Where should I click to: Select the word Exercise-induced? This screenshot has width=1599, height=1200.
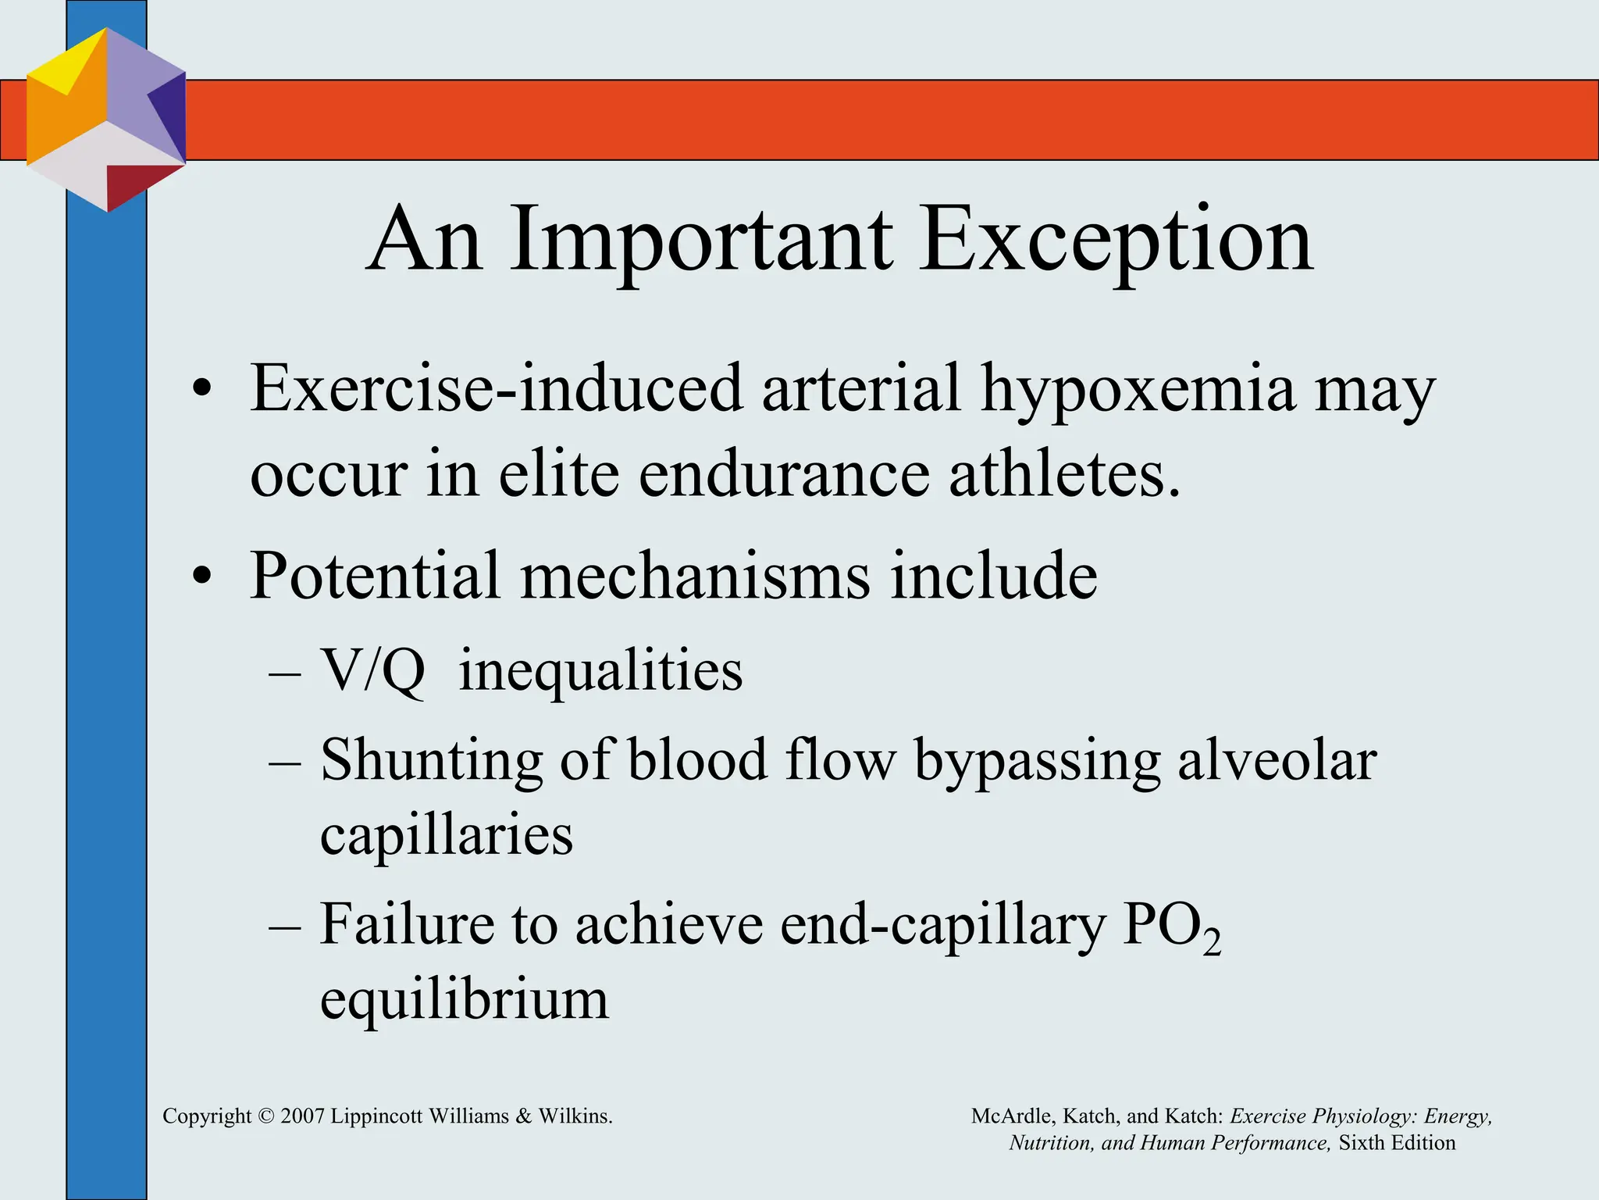click(496, 388)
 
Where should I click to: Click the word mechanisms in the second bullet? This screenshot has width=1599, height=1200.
click(695, 576)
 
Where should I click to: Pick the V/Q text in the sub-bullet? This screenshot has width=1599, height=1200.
click(373, 671)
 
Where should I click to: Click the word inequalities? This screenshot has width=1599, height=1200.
click(600, 671)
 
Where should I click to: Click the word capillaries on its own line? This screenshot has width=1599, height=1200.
click(447, 834)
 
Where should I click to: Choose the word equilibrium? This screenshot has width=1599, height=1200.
click(464, 999)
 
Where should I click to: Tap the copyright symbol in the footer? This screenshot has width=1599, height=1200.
click(266, 1116)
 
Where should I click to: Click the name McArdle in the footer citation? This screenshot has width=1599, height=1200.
click(1011, 1116)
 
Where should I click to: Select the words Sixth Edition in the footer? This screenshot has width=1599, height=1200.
click(1397, 1143)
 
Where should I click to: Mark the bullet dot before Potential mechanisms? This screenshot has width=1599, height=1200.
click(202, 577)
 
